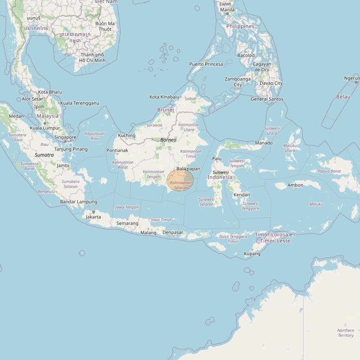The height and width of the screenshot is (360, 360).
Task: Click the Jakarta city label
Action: click(x=93, y=217)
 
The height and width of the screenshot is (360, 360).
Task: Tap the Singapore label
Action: click(x=65, y=137)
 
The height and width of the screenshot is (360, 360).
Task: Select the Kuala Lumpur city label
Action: click(x=45, y=128)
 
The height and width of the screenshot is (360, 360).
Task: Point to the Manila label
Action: click(x=227, y=10)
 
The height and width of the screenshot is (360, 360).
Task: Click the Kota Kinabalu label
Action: click(x=164, y=97)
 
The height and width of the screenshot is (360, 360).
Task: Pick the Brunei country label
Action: click(x=165, y=110)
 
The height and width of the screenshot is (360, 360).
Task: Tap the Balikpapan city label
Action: click(x=188, y=169)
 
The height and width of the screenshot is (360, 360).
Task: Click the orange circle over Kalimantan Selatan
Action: click(x=180, y=180)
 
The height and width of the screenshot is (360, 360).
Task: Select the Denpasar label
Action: click(x=173, y=232)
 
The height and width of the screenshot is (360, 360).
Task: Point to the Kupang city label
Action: click(x=252, y=254)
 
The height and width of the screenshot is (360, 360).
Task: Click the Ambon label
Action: click(x=295, y=185)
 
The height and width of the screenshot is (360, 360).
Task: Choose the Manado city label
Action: click(x=264, y=143)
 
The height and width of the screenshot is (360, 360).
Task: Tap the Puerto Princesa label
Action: click(x=206, y=64)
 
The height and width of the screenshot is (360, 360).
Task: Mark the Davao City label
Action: click(x=271, y=83)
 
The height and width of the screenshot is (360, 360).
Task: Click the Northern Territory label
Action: click(x=345, y=333)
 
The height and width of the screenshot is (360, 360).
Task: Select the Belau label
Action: click(x=343, y=96)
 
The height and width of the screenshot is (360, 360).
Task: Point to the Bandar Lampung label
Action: click(x=79, y=202)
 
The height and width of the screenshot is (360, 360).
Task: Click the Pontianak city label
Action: click(x=117, y=150)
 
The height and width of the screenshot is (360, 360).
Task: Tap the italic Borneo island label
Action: click(x=168, y=140)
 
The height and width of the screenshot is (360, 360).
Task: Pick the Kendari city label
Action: click(x=242, y=195)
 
